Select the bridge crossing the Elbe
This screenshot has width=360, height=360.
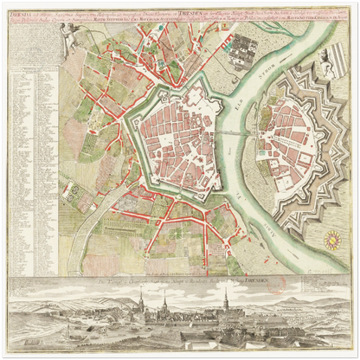coord(244,133)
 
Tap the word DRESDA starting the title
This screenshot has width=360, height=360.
coord(16,13)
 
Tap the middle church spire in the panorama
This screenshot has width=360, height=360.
coord(164,302)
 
